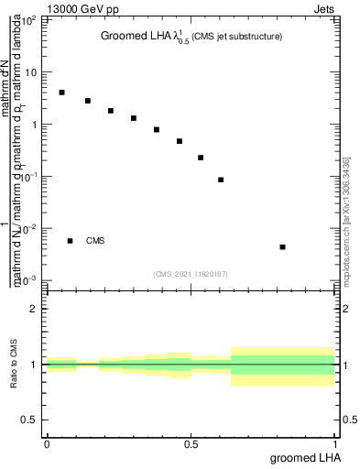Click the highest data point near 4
pos(61,93)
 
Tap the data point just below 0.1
pos(221,180)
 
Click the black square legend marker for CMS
pos(70,241)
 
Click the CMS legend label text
pos(95,241)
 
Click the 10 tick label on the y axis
pos(32,71)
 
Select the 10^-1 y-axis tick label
pos(29,176)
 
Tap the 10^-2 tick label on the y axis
pos(29,228)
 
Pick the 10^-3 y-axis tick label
pos(29,279)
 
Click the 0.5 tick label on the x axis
pos(191,444)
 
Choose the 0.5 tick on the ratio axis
pos(32,420)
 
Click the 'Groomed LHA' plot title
pos(135,37)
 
